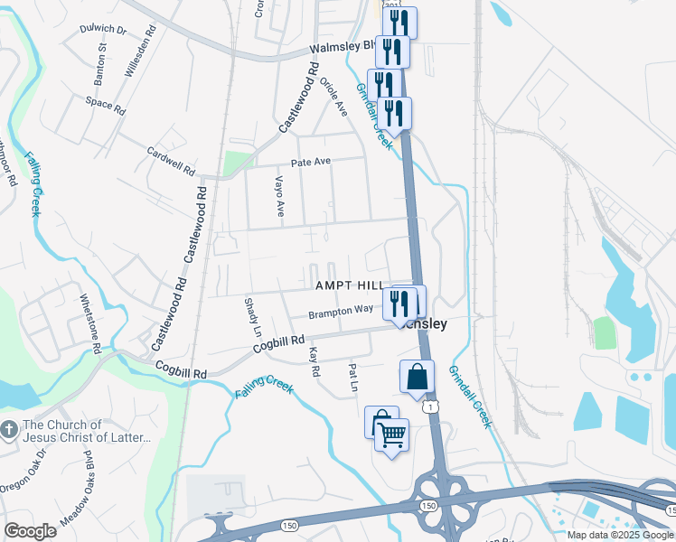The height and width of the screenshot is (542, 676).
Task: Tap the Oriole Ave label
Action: pyautogui.click(x=333, y=97)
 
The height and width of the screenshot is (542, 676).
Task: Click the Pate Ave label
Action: pyautogui.click(x=311, y=163)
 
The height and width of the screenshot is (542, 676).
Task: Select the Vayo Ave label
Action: pyautogui.click(x=279, y=197)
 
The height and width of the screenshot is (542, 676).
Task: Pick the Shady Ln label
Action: pyautogui.click(x=251, y=315)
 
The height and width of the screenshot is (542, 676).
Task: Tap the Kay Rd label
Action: pyautogui.click(x=315, y=361)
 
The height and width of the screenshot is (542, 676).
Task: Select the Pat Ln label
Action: pyautogui.click(x=353, y=377)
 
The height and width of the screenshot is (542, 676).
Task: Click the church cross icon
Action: pyautogui.click(x=9, y=432)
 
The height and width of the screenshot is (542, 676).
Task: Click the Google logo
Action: pyautogui.click(x=30, y=530)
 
